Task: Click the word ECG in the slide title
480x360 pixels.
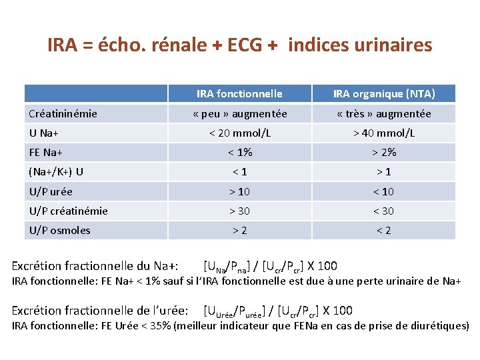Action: (246, 45)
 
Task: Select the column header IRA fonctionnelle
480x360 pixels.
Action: (239, 93)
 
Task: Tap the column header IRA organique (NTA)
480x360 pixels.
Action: (384, 93)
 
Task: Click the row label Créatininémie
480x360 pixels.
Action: (63, 113)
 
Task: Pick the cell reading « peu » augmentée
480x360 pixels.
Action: (239, 113)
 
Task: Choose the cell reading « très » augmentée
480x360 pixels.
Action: (384, 113)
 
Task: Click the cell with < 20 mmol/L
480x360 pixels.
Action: (239, 133)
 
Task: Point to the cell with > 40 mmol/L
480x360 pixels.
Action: (384, 133)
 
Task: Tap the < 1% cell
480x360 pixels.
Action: (239, 152)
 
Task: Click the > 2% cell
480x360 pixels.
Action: (384, 152)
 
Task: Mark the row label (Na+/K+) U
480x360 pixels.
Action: (56, 171)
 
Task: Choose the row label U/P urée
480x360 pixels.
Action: (51, 191)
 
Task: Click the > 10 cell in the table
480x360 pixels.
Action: (239, 191)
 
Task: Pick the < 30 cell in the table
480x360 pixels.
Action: (384, 211)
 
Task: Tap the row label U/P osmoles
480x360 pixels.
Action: (59, 230)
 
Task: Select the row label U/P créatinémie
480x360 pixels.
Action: (68, 211)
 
